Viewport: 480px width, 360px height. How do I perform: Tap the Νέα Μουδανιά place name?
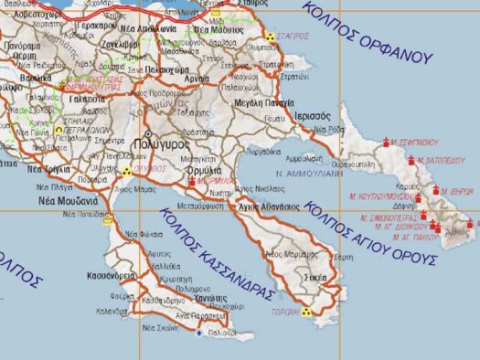[x=68, y=199]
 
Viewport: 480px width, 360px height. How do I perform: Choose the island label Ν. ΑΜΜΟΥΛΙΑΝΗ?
[x=310, y=171]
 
